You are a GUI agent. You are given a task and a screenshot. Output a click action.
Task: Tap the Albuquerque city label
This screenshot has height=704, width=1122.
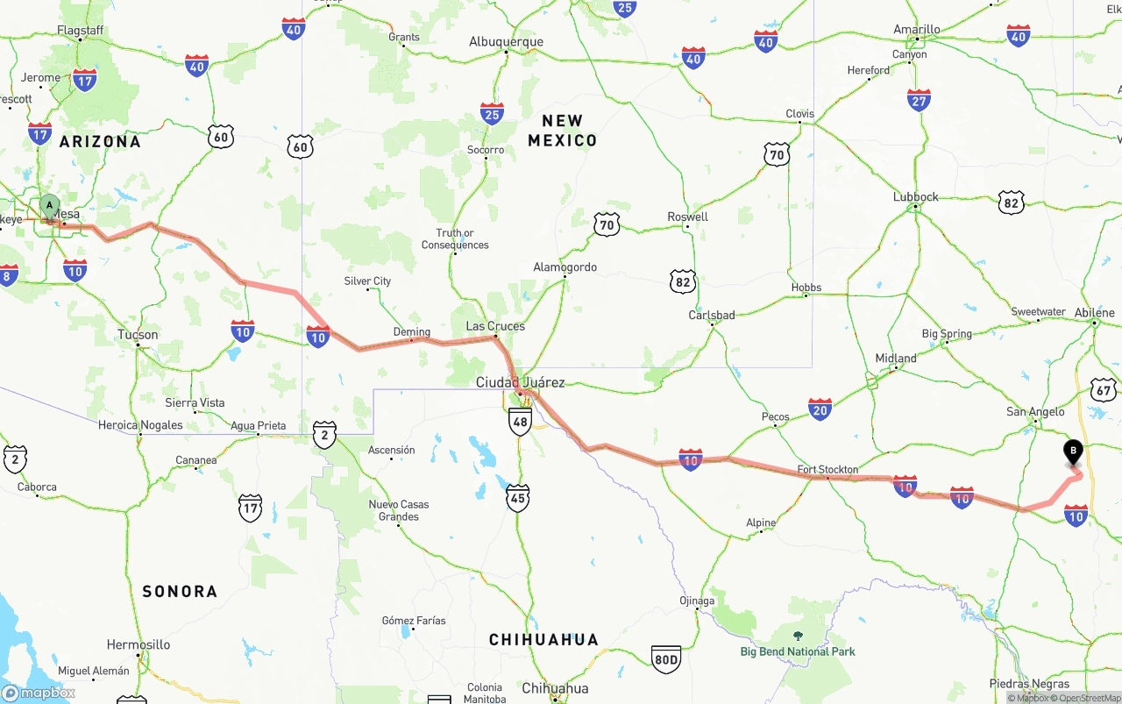pyautogui.click(x=506, y=41)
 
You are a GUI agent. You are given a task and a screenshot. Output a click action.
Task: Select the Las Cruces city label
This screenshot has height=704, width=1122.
pyautogui.click(x=495, y=326)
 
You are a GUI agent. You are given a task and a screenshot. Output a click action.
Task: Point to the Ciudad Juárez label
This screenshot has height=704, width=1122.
pyautogui.click(x=520, y=382)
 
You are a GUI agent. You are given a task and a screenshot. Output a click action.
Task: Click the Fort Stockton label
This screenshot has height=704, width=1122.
pyautogui.click(x=827, y=470)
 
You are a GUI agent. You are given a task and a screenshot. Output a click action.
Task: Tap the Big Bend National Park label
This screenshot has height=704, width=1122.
pyautogui.click(x=798, y=651)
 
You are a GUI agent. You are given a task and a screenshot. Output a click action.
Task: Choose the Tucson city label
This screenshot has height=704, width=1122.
pyautogui.click(x=138, y=335)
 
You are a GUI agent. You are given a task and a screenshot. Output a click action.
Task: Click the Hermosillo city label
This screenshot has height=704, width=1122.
pyautogui.click(x=138, y=644)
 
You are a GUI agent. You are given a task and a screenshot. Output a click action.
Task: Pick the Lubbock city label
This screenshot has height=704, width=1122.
pyautogui.click(x=915, y=197)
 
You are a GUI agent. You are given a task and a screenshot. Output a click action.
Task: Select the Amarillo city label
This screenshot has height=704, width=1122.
pyautogui.click(x=917, y=30)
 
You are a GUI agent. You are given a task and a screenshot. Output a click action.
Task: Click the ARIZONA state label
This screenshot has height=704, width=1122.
pyautogui.click(x=100, y=141)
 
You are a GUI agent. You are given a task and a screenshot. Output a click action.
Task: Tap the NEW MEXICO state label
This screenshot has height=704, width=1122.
pyautogui.click(x=562, y=131)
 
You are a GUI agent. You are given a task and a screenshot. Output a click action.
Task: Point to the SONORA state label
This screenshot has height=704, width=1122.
pyautogui.click(x=180, y=592)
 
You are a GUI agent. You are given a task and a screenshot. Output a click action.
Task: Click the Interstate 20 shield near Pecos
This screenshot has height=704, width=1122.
pyautogui.click(x=820, y=409)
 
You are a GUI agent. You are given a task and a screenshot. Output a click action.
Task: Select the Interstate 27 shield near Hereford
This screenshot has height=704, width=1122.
pyautogui.click(x=919, y=100)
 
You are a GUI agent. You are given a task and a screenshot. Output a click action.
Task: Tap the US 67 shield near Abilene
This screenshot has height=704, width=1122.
pyautogui.click(x=1103, y=390)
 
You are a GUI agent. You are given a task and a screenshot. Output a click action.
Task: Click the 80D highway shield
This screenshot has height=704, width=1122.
pyautogui.click(x=665, y=659)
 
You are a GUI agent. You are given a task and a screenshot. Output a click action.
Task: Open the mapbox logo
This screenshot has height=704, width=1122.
pyautogui.click(x=39, y=693)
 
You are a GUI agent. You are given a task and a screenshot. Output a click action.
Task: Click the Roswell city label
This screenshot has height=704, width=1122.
pyautogui.click(x=687, y=217)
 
